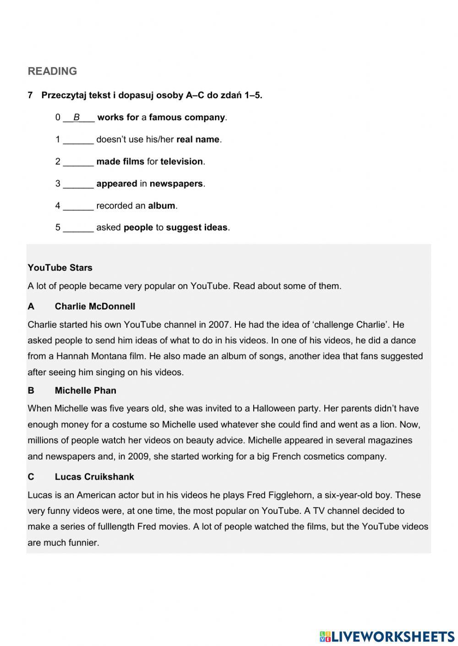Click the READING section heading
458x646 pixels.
tap(52, 71)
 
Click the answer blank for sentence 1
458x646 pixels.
tap(78, 140)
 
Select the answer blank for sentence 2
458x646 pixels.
tap(78, 162)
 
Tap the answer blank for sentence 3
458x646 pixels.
tap(78, 184)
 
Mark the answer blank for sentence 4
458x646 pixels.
tap(78, 206)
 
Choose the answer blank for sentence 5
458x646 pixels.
tap(78, 228)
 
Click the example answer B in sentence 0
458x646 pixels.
tap(77, 117)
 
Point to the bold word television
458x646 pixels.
tap(181, 161)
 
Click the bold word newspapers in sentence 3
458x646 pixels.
tap(176, 183)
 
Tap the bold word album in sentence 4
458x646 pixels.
tap(161, 206)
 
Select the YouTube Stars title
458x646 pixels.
tap(60, 268)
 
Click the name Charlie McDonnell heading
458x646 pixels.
tap(95, 306)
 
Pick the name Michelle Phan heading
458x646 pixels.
tap(85, 390)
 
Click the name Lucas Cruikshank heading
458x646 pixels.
tap(94, 477)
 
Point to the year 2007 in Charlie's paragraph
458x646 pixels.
tap(219, 325)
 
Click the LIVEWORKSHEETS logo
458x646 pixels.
tap(387, 636)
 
